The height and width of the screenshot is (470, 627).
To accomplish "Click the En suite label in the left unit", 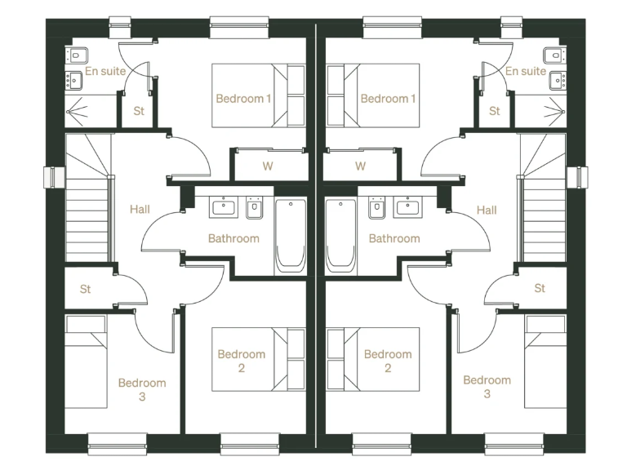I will [x=106, y=71].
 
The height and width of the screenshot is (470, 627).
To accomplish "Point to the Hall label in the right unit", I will [x=486, y=210].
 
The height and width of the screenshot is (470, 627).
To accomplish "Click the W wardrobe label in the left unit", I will [x=267, y=166].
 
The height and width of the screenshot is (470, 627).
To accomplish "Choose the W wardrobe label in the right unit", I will [x=360, y=166].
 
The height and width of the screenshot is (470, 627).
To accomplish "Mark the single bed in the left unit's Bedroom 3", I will [x=86, y=362].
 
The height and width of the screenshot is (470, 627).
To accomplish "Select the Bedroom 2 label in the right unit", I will [x=388, y=361].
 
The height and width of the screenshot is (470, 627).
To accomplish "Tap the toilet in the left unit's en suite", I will [x=76, y=55].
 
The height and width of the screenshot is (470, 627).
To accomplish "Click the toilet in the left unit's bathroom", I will [x=254, y=210].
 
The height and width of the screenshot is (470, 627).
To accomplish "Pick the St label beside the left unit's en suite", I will [x=139, y=111].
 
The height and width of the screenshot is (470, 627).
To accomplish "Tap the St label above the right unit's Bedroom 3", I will [x=540, y=288].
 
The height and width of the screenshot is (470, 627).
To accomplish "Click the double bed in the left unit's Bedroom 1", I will [x=258, y=95].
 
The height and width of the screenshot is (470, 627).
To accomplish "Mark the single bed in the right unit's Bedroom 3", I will [x=545, y=362].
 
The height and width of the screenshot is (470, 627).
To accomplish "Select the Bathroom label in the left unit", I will [x=233, y=239].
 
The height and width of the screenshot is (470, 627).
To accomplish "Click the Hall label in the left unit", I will [x=140, y=210].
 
